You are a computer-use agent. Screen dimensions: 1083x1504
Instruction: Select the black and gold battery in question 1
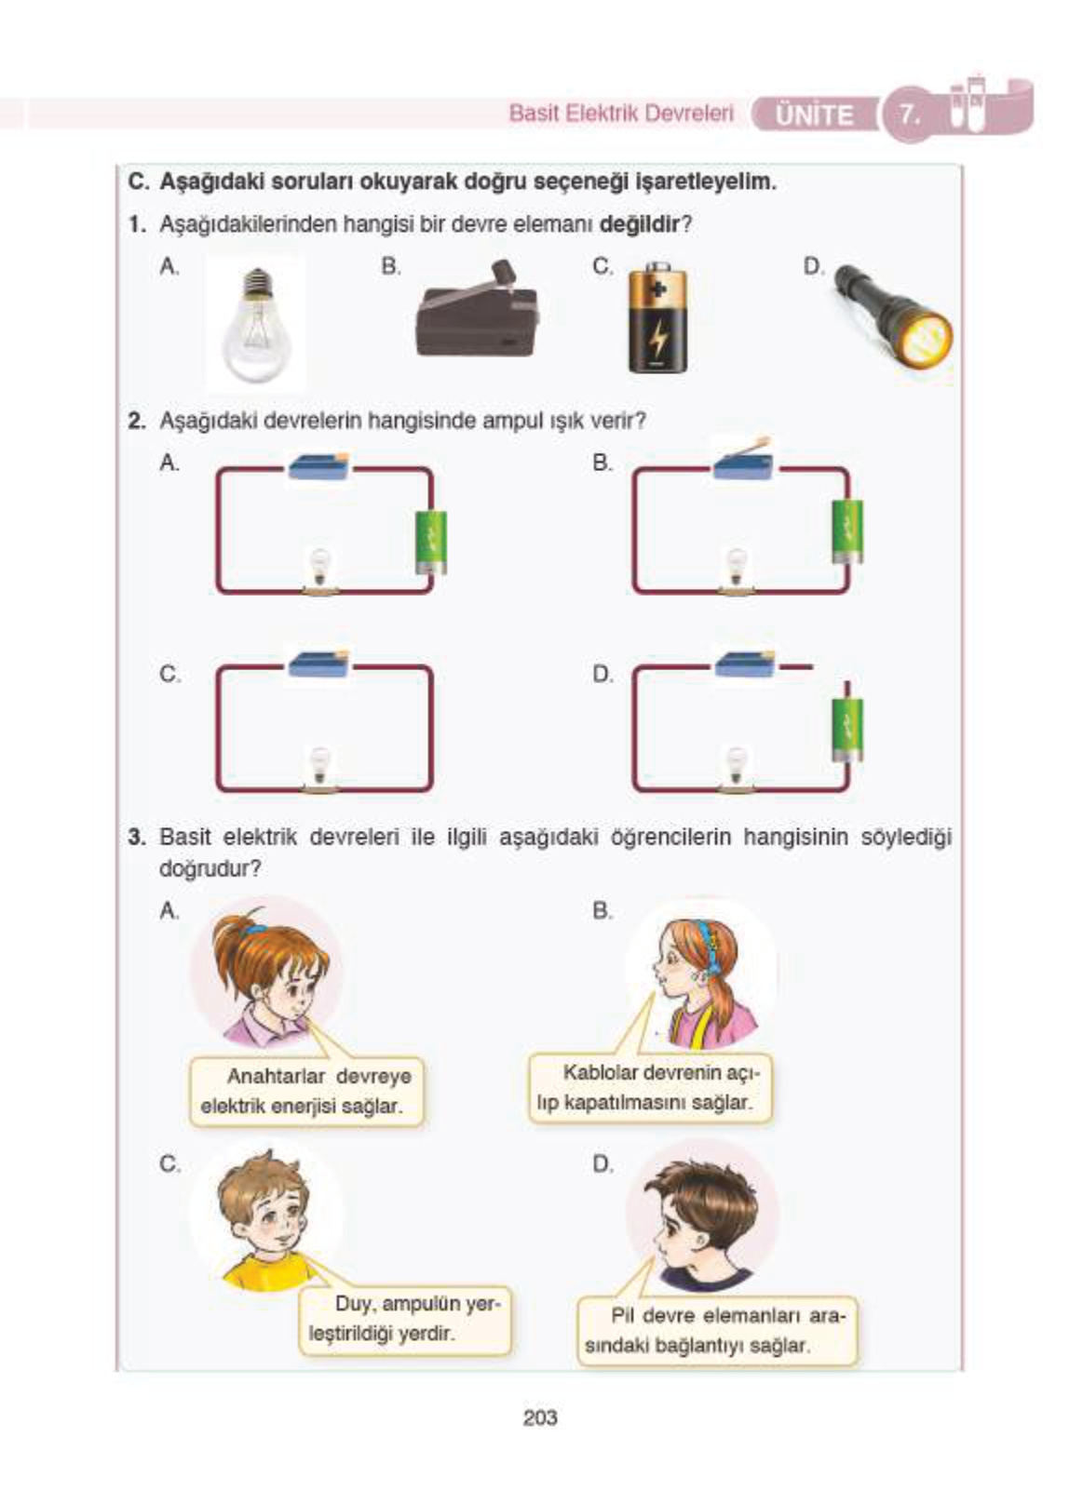657,317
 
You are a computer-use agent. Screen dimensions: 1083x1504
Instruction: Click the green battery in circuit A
430,543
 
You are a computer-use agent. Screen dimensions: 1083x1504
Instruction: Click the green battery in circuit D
847,729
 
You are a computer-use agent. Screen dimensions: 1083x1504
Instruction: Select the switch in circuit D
744,664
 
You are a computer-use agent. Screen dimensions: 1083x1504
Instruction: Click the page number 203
540,1417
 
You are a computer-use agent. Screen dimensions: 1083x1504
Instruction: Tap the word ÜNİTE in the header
814,115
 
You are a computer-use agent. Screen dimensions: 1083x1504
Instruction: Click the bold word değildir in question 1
640,223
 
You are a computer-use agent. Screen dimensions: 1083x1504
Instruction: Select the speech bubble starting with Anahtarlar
306,1091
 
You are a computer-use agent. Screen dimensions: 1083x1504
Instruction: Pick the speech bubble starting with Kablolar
650,1088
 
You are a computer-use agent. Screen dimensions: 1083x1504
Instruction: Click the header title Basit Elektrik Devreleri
621,113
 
